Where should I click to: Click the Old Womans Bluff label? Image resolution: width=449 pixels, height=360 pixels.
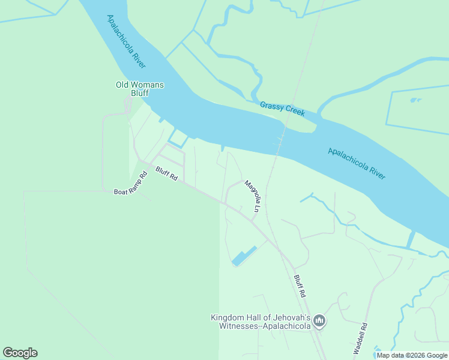(x=139, y=89)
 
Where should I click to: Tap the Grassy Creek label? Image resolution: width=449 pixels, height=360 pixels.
(x=282, y=109)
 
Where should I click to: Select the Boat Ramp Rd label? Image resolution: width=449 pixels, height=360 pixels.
(x=130, y=184)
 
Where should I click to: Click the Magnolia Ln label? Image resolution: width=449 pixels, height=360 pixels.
(x=252, y=197)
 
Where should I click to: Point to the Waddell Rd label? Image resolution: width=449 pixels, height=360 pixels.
(x=360, y=340)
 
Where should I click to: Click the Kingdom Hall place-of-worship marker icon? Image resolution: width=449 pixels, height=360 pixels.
(x=319, y=322)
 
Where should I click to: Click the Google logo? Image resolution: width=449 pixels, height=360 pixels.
(x=20, y=353)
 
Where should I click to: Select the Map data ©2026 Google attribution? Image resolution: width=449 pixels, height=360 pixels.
(x=412, y=355)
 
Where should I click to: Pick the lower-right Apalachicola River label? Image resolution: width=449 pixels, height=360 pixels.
(x=357, y=163)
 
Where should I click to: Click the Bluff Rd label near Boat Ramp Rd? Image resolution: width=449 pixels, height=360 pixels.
(x=167, y=175)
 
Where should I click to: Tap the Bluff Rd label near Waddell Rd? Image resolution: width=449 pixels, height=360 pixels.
(x=300, y=287)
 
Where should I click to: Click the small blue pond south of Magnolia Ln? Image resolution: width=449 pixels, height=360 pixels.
(x=244, y=256)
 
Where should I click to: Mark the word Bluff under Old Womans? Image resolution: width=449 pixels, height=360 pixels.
(x=139, y=93)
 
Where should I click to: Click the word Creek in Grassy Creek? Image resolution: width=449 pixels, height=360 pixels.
(x=294, y=112)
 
